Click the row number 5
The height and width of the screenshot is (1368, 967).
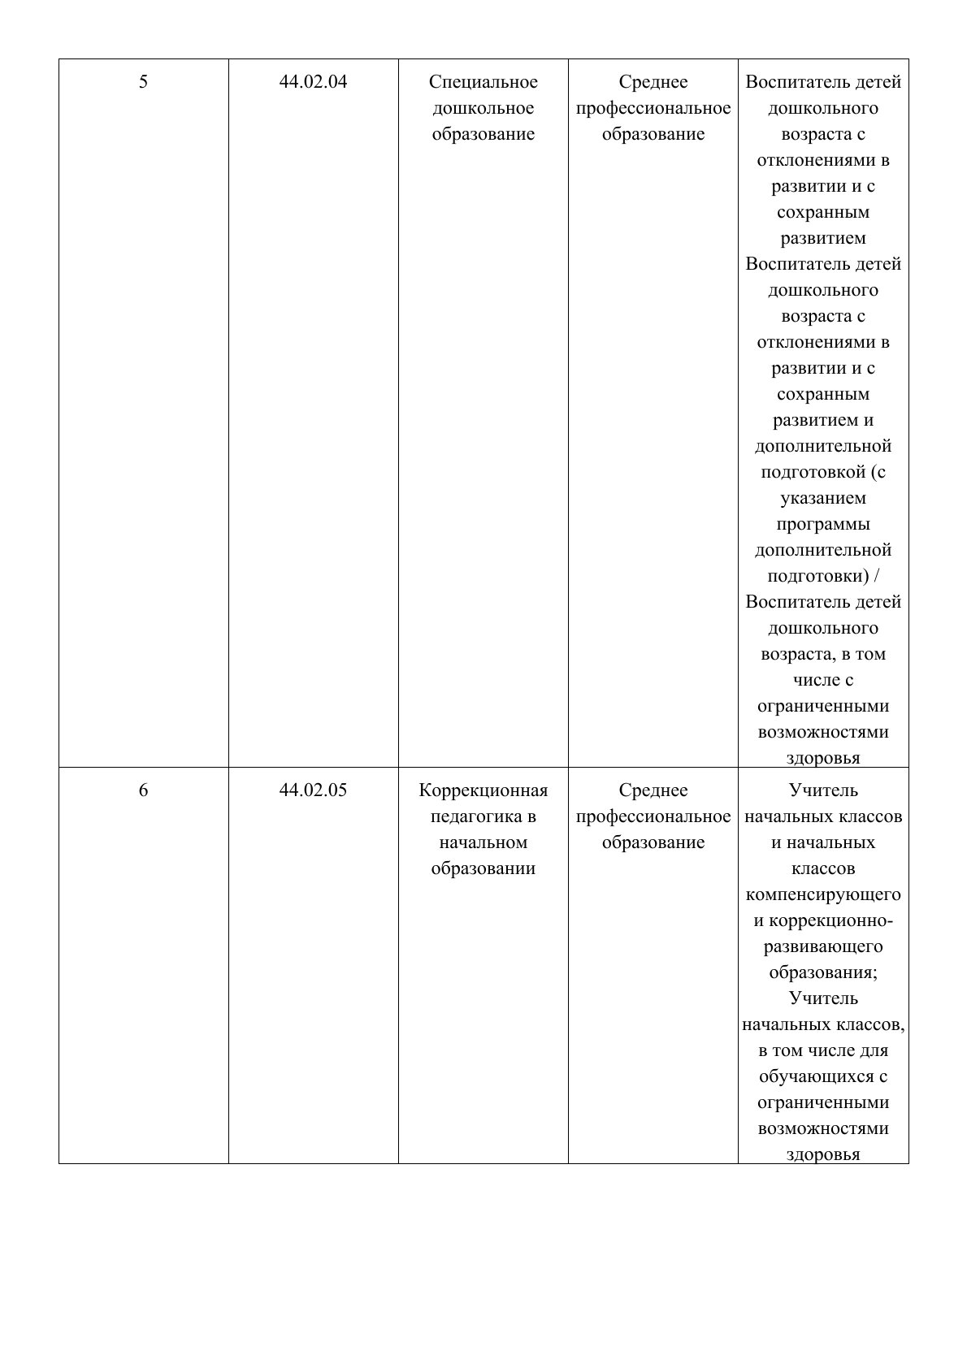tap(144, 82)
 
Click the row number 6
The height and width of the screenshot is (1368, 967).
tap(144, 790)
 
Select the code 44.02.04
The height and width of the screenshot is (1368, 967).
tap(313, 82)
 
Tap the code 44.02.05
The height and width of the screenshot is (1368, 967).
tap(313, 790)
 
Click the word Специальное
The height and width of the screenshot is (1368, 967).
tap(483, 82)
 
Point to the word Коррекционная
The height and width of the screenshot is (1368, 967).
tap(483, 790)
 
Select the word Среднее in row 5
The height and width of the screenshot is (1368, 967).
tap(653, 82)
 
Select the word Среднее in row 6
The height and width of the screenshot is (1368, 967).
tap(653, 790)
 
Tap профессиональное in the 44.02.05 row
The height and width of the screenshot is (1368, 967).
tap(653, 816)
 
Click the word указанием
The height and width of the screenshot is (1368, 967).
tap(823, 498)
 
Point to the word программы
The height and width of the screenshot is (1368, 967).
tap(823, 524)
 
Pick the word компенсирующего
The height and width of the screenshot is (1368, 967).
tap(823, 894)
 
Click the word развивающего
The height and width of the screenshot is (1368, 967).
tap(823, 946)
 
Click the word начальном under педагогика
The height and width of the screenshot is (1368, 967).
tap(483, 842)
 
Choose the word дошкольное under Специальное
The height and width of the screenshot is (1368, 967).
tap(483, 108)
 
